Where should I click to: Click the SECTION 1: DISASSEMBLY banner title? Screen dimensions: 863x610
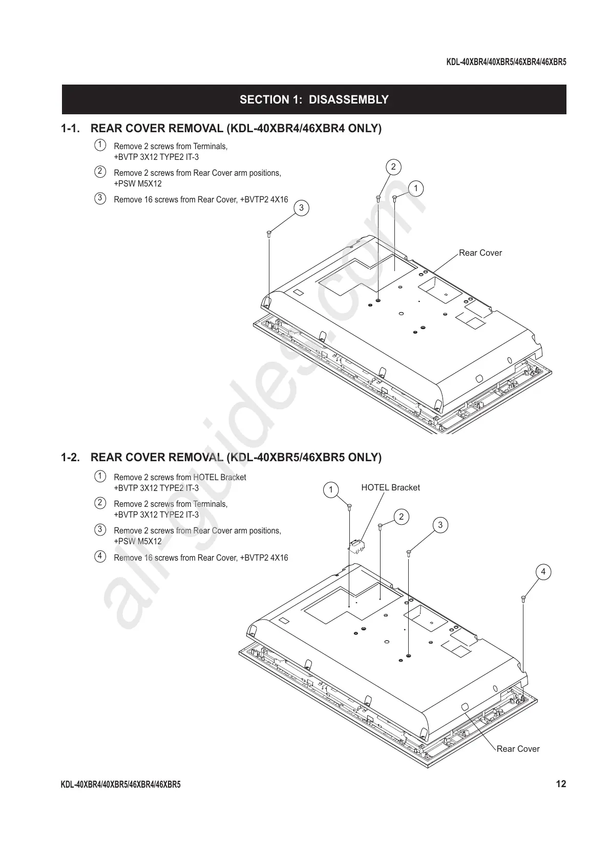313,99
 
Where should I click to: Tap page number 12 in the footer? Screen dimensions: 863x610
561,784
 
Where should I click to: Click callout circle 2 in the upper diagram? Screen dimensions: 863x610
393,167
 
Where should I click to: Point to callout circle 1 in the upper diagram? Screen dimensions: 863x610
416,189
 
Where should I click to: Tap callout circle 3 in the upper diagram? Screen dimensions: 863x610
301,208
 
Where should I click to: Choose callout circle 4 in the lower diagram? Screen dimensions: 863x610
543,571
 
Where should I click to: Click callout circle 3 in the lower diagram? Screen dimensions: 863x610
440,524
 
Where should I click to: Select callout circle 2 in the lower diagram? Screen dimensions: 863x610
401,517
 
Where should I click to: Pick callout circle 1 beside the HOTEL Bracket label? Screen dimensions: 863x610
331,489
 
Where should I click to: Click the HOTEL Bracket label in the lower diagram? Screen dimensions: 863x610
390,487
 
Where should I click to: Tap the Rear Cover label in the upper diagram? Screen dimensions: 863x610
480,253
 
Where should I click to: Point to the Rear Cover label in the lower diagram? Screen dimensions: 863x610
518,749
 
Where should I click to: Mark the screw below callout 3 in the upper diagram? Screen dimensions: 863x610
269,234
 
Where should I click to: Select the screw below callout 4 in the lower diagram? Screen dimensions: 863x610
523,598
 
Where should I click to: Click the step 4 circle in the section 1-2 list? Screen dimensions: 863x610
100,556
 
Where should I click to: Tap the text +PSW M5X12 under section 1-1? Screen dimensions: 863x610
138,183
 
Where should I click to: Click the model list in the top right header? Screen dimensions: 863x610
506,63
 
